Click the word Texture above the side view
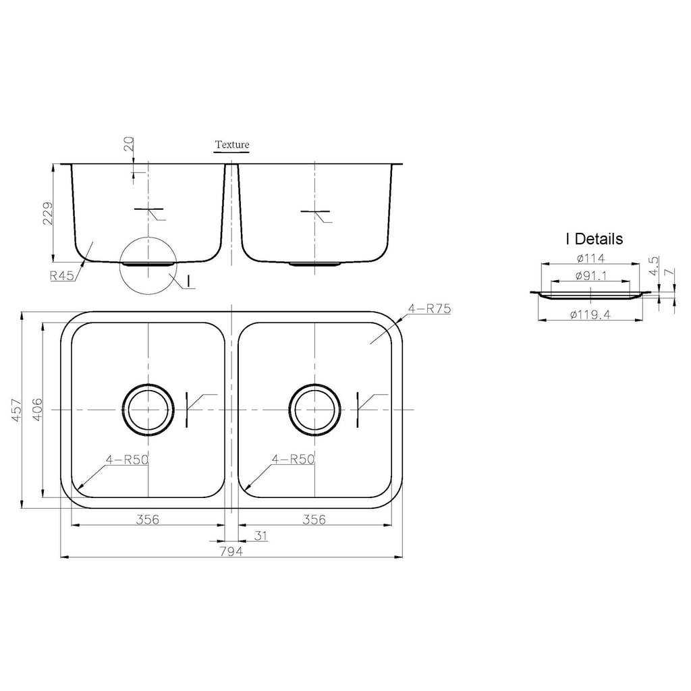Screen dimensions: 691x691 tap(232, 144)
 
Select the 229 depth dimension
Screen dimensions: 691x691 tap(48, 213)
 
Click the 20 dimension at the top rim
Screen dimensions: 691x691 tap(129, 144)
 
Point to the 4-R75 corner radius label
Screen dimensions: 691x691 tap(429, 308)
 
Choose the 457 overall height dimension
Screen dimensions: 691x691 tap(16, 410)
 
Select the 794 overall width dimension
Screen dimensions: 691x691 tap(231, 551)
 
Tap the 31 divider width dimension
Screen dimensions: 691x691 tap(261, 535)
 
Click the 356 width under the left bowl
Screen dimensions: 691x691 tap(147, 520)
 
